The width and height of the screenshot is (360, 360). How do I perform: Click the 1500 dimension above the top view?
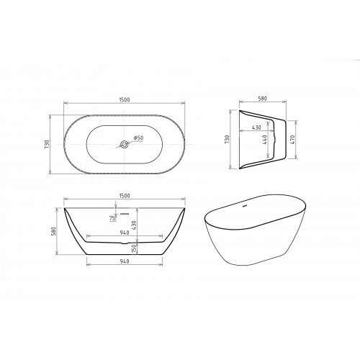[124, 99]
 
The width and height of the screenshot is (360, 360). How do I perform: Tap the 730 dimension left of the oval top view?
[47, 144]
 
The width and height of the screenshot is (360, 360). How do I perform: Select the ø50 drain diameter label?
[138, 138]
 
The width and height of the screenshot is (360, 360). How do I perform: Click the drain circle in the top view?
[124, 144]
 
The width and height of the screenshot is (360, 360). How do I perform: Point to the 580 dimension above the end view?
[262, 99]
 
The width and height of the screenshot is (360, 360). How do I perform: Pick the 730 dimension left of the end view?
[227, 140]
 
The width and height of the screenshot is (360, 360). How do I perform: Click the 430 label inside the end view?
[256, 127]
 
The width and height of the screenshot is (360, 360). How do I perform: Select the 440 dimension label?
[265, 140]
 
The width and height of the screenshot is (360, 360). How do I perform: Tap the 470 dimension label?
[292, 140]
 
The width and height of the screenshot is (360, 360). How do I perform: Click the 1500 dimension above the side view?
[124, 196]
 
